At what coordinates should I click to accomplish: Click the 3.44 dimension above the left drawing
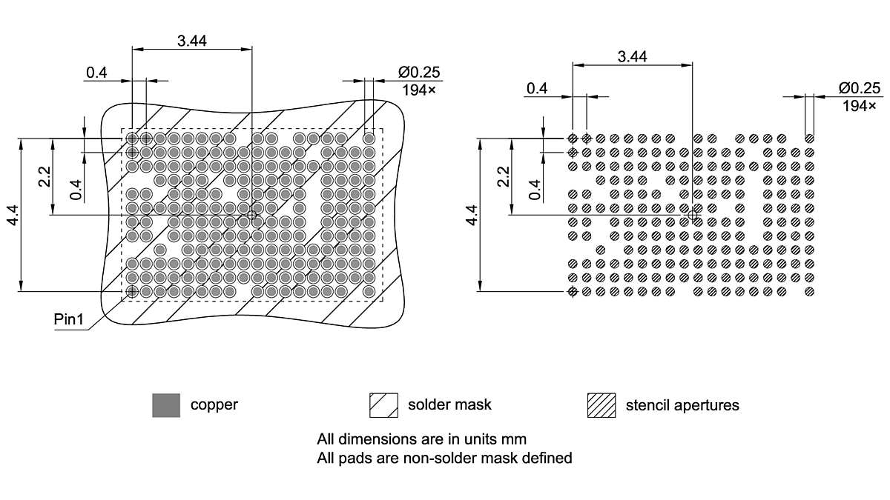(x=192, y=41)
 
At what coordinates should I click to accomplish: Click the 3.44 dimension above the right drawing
(x=632, y=56)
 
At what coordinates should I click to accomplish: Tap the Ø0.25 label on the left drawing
(x=419, y=72)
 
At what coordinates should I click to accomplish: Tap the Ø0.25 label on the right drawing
(x=860, y=88)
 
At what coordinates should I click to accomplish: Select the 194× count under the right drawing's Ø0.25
(x=860, y=106)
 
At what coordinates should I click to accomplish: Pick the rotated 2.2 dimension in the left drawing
(x=44, y=177)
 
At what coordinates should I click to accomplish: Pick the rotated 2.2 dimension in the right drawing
(x=504, y=177)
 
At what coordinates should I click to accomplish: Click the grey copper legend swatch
(x=166, y=405)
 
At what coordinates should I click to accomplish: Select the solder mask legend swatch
(x=383, y=405)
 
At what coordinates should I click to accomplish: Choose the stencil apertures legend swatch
(x=601, y=405)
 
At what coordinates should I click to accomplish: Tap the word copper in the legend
(x=214, y=405)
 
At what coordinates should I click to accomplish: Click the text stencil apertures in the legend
(x=682, y=405)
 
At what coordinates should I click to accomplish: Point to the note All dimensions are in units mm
(x=421, y=439)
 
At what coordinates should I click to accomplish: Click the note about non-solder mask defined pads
(x=444, y=458)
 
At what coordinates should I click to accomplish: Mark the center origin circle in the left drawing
(x=252, y=215)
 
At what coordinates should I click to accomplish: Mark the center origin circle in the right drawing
(x=693, y=215)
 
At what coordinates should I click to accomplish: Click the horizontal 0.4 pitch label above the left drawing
(x=96, y=73)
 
